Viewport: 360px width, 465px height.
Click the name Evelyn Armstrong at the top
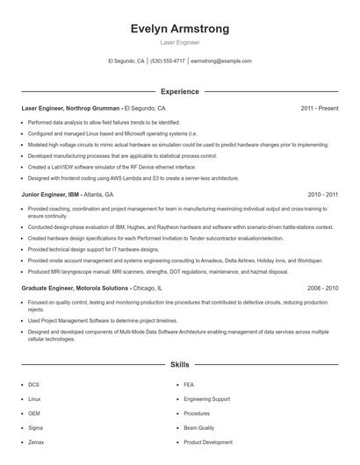pyautogui.click(x=179, y=29)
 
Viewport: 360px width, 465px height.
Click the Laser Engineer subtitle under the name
pyautogui.click(x=179, y=42)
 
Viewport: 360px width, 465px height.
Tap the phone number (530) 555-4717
pyautogui.click(x=167, y=61)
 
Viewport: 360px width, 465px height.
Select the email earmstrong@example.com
pyautogui.click(x=221, y=61)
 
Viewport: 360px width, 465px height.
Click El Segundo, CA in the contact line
pyautogui.click(x=126, y=61)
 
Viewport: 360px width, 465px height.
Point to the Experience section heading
pyautogui.click(x=179, y=91)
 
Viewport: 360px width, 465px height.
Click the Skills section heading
pyautogui.click(x=179, y=363)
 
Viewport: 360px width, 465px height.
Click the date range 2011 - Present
pyautogui.click(x=319, y=108)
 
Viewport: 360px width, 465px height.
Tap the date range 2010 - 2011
pyautogui.click(x=322, y=194)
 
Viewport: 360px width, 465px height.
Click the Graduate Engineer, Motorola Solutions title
pyautogui.click(x=76, y=288)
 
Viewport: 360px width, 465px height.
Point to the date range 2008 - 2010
pyautogui.click(x=322, y=288)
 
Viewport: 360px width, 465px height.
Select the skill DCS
pyautogui.click(x=33, y=384)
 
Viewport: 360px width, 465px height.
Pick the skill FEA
pyautogui.click(x=190, y=384)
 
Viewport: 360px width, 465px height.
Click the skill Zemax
pyautogui.click(x=35, y=442)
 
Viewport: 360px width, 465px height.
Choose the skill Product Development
pyautogui.click(x=208, y=442)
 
